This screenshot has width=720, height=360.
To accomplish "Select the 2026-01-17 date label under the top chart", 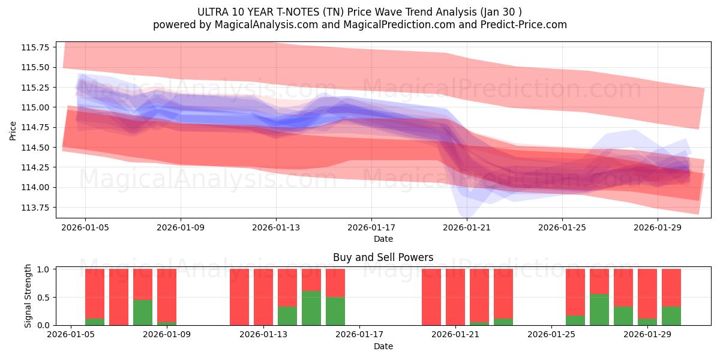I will (x=371, y=227).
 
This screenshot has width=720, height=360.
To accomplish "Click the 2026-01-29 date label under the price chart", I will (x=658, y=227).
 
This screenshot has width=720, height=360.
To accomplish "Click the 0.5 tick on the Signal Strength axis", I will (x=44, y=298).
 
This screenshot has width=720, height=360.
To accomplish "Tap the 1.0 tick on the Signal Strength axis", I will (x=44, y=269).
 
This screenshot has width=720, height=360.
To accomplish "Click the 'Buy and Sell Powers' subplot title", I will (x=383, y=257).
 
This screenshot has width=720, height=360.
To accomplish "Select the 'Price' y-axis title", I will (x=13, y=130).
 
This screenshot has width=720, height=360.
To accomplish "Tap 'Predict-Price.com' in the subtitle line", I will (x=520, y=25).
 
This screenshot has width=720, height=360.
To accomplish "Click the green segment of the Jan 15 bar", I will (x=311, y=308).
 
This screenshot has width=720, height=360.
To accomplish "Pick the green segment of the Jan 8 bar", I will (x=143, y=313).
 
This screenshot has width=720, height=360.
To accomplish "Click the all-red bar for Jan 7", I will (x=119, y=297).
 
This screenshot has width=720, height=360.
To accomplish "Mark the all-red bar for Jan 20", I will (x=431, y=297).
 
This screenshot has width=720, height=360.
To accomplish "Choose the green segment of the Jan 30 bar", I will (x=671, y=316).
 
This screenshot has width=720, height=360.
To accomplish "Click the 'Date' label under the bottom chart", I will (x=383, y=346).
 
